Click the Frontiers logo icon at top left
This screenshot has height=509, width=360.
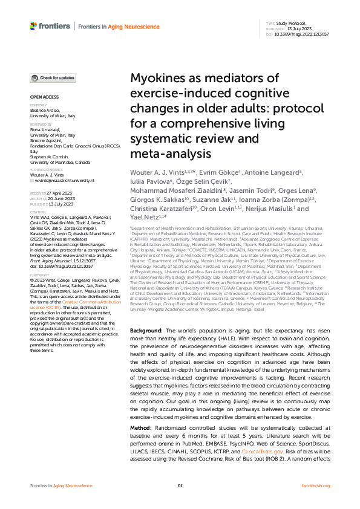click(x=33, y=26)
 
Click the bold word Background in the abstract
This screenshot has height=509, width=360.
click(x=143, y=332)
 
